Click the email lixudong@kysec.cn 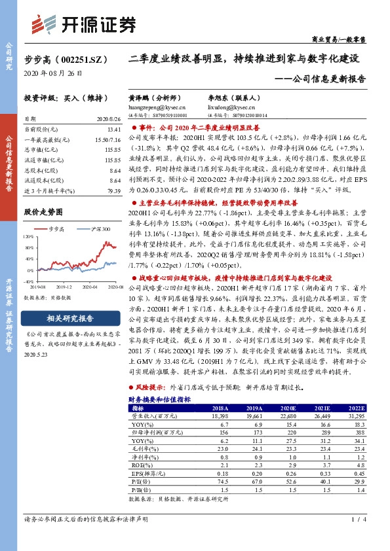[x=244, y=105]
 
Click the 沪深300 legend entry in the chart [x=102, y=228]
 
